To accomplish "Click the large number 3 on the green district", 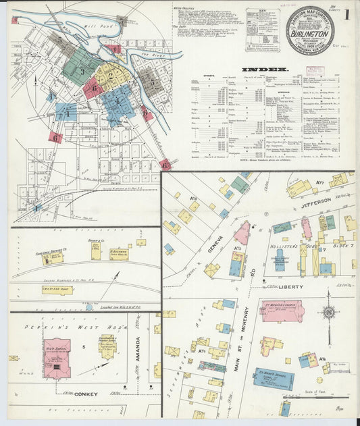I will [82, 72].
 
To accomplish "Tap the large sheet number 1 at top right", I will [346, 14].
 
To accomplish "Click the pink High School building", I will [57, 358].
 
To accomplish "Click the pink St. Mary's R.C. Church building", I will [282, 311].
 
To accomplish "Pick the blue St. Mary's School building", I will [273, 377].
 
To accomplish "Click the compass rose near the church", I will [328, 313].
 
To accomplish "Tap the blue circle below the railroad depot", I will [88, 307].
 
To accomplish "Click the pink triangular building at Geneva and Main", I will [242, 232].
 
